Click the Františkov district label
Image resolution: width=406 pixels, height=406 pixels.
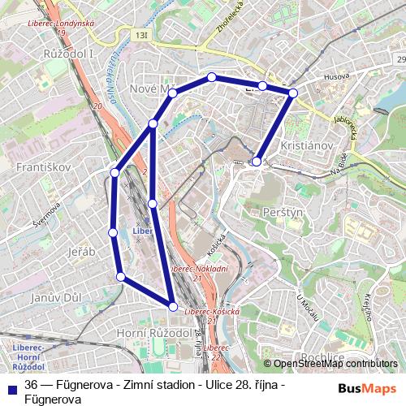pyautogui.click(x=38, y=166)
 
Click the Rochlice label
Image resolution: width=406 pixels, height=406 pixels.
pyautogui.click(x=323, y=356)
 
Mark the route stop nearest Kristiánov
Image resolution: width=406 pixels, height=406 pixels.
pyautogui.click(x=257, y=162)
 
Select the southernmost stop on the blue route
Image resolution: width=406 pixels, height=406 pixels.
pyautogui.click(x=173, y=305)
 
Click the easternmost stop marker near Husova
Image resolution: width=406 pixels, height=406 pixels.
pyautogui.click(x=293, y=93)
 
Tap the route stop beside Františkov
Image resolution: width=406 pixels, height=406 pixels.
pyautogui.click(x=115, y=172)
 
